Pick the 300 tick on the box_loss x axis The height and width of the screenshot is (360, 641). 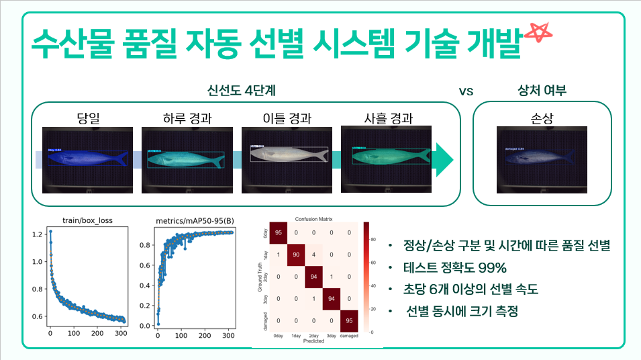click(120, 332)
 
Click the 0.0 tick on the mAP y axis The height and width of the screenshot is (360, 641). click(144, 325)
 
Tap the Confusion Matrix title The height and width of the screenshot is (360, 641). click(313, 219)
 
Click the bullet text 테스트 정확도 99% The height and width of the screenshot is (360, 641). click(455, 267)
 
